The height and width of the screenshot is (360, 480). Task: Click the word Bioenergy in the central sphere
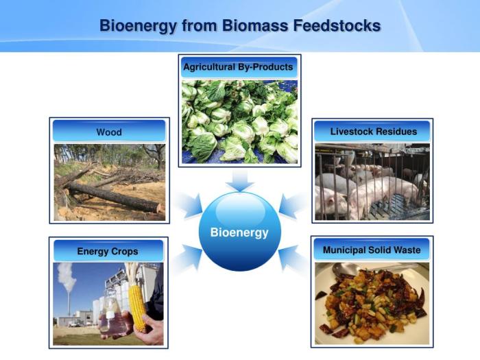239,232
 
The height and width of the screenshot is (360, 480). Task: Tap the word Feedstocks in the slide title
339,26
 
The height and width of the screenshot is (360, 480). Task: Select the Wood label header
109,132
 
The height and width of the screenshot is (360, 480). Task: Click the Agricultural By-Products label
238,67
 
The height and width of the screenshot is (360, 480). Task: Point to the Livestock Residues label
373,131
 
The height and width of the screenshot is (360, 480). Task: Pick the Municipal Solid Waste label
371,250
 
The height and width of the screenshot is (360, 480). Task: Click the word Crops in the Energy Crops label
125,251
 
